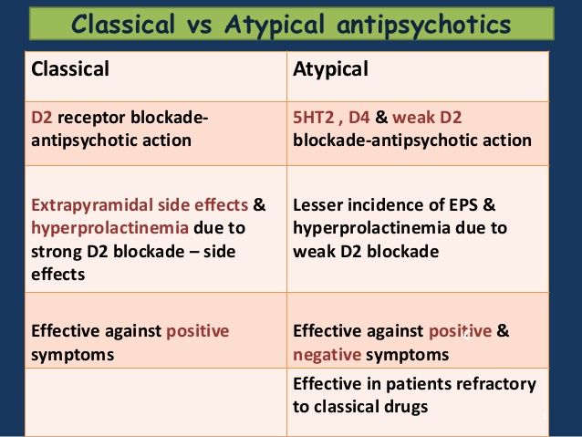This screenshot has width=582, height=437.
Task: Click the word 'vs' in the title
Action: (x=199, y=25)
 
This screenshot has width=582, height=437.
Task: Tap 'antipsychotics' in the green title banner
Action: (x=423, y=25)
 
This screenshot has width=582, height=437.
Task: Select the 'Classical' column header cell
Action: (x=156, y=76)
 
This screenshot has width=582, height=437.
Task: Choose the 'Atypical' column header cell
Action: (x=418, y=76)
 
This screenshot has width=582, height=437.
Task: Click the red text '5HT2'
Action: (x=313, y=118)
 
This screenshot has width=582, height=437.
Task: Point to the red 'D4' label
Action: (x=359, y=118)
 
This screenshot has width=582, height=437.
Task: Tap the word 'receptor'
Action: (x=92, y=118)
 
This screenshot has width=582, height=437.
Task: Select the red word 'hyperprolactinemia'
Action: (x=109, y=228)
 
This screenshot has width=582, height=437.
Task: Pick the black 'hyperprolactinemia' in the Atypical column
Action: (x=371, y=228)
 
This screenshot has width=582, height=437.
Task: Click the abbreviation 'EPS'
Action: (x=463, y=205)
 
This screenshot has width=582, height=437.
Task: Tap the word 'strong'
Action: (x=57, y=252)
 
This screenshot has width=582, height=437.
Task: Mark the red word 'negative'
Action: (x=327, y=355)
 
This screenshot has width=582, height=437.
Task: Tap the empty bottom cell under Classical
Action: (x=156, y=402)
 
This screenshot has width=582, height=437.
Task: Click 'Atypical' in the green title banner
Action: (x=275, y=26)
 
